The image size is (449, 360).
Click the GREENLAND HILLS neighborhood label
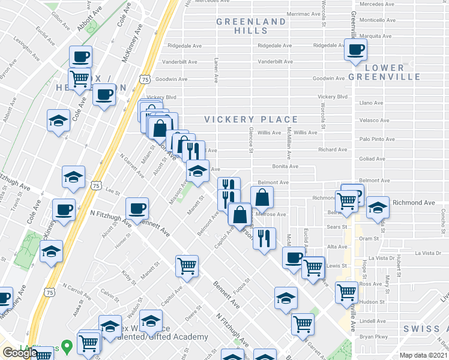[x=251, y=26]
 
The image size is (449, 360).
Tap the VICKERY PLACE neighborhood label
[x=251, y=119]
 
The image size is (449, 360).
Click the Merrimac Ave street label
[x=306, y=13]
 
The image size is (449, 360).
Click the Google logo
[x=19, y=353]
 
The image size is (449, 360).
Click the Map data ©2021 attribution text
[x=423, y=355]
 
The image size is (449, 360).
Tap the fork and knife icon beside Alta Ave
[x=265, y=239]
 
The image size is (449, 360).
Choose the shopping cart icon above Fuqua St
[x=187, y=266]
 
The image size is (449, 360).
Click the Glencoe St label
[x=250, y=141]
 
